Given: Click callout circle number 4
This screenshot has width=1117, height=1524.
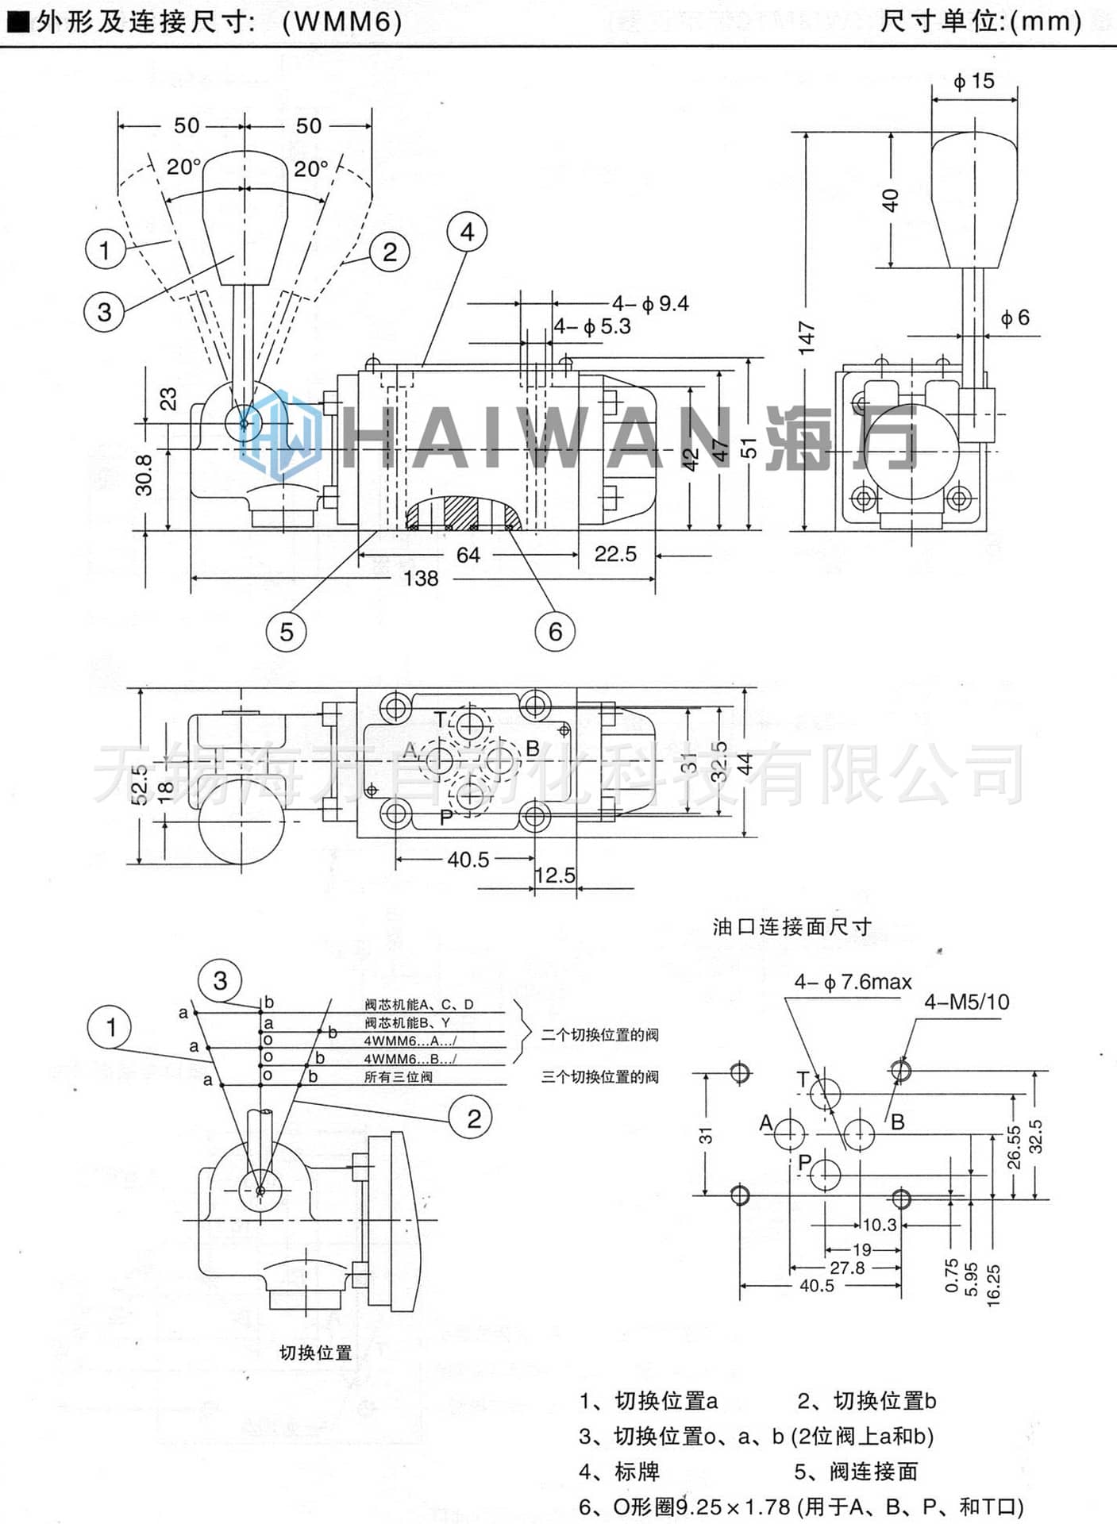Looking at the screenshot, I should (467, 233).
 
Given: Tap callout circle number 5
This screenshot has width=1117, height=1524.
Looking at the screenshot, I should (286, 632).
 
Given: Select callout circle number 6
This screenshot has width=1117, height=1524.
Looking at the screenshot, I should (554, 632).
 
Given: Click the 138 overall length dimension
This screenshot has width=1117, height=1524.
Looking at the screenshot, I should (420, 579).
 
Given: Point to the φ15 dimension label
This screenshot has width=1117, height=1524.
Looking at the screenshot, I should (973, 81).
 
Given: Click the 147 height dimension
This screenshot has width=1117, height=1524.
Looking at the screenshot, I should (807, 337).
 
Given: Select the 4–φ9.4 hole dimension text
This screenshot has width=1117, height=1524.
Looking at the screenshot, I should (650, 303).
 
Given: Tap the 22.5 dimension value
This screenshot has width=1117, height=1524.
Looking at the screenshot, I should (615, 554).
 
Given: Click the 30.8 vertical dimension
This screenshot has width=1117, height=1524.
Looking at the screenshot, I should (144, 475).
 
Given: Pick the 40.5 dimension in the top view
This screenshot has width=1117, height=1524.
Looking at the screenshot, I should (468, 860).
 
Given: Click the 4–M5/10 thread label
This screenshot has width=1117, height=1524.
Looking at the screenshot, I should (966, 1002).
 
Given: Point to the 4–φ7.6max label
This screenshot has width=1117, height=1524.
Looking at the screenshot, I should (853, 982).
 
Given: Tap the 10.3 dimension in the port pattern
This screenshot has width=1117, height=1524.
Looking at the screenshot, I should (879, 1225).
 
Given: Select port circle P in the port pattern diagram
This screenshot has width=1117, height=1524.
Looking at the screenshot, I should (826, 1175).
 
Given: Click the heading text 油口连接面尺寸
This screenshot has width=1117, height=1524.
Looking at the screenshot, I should (792, 926).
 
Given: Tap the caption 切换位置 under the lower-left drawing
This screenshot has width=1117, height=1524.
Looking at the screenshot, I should (315, 1353).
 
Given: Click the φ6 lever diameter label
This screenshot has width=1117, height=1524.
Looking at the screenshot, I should (1015, 318).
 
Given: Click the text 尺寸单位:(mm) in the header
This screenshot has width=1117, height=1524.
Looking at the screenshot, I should (981, 21).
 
